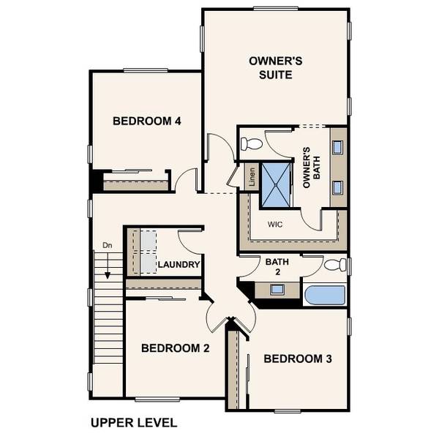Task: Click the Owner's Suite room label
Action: point(271,68)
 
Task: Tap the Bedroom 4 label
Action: point(146,121)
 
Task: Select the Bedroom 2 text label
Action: point(176,348)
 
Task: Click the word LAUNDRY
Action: point(179,265)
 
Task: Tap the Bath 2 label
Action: point(277,266)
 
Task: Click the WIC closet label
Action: point(276,224)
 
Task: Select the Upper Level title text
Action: point(134,422)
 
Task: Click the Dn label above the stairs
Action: point(107,245)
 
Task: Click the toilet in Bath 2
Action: point(334,265)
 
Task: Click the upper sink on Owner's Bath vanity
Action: point(338,148)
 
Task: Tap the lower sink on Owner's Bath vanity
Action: point(338,184)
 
